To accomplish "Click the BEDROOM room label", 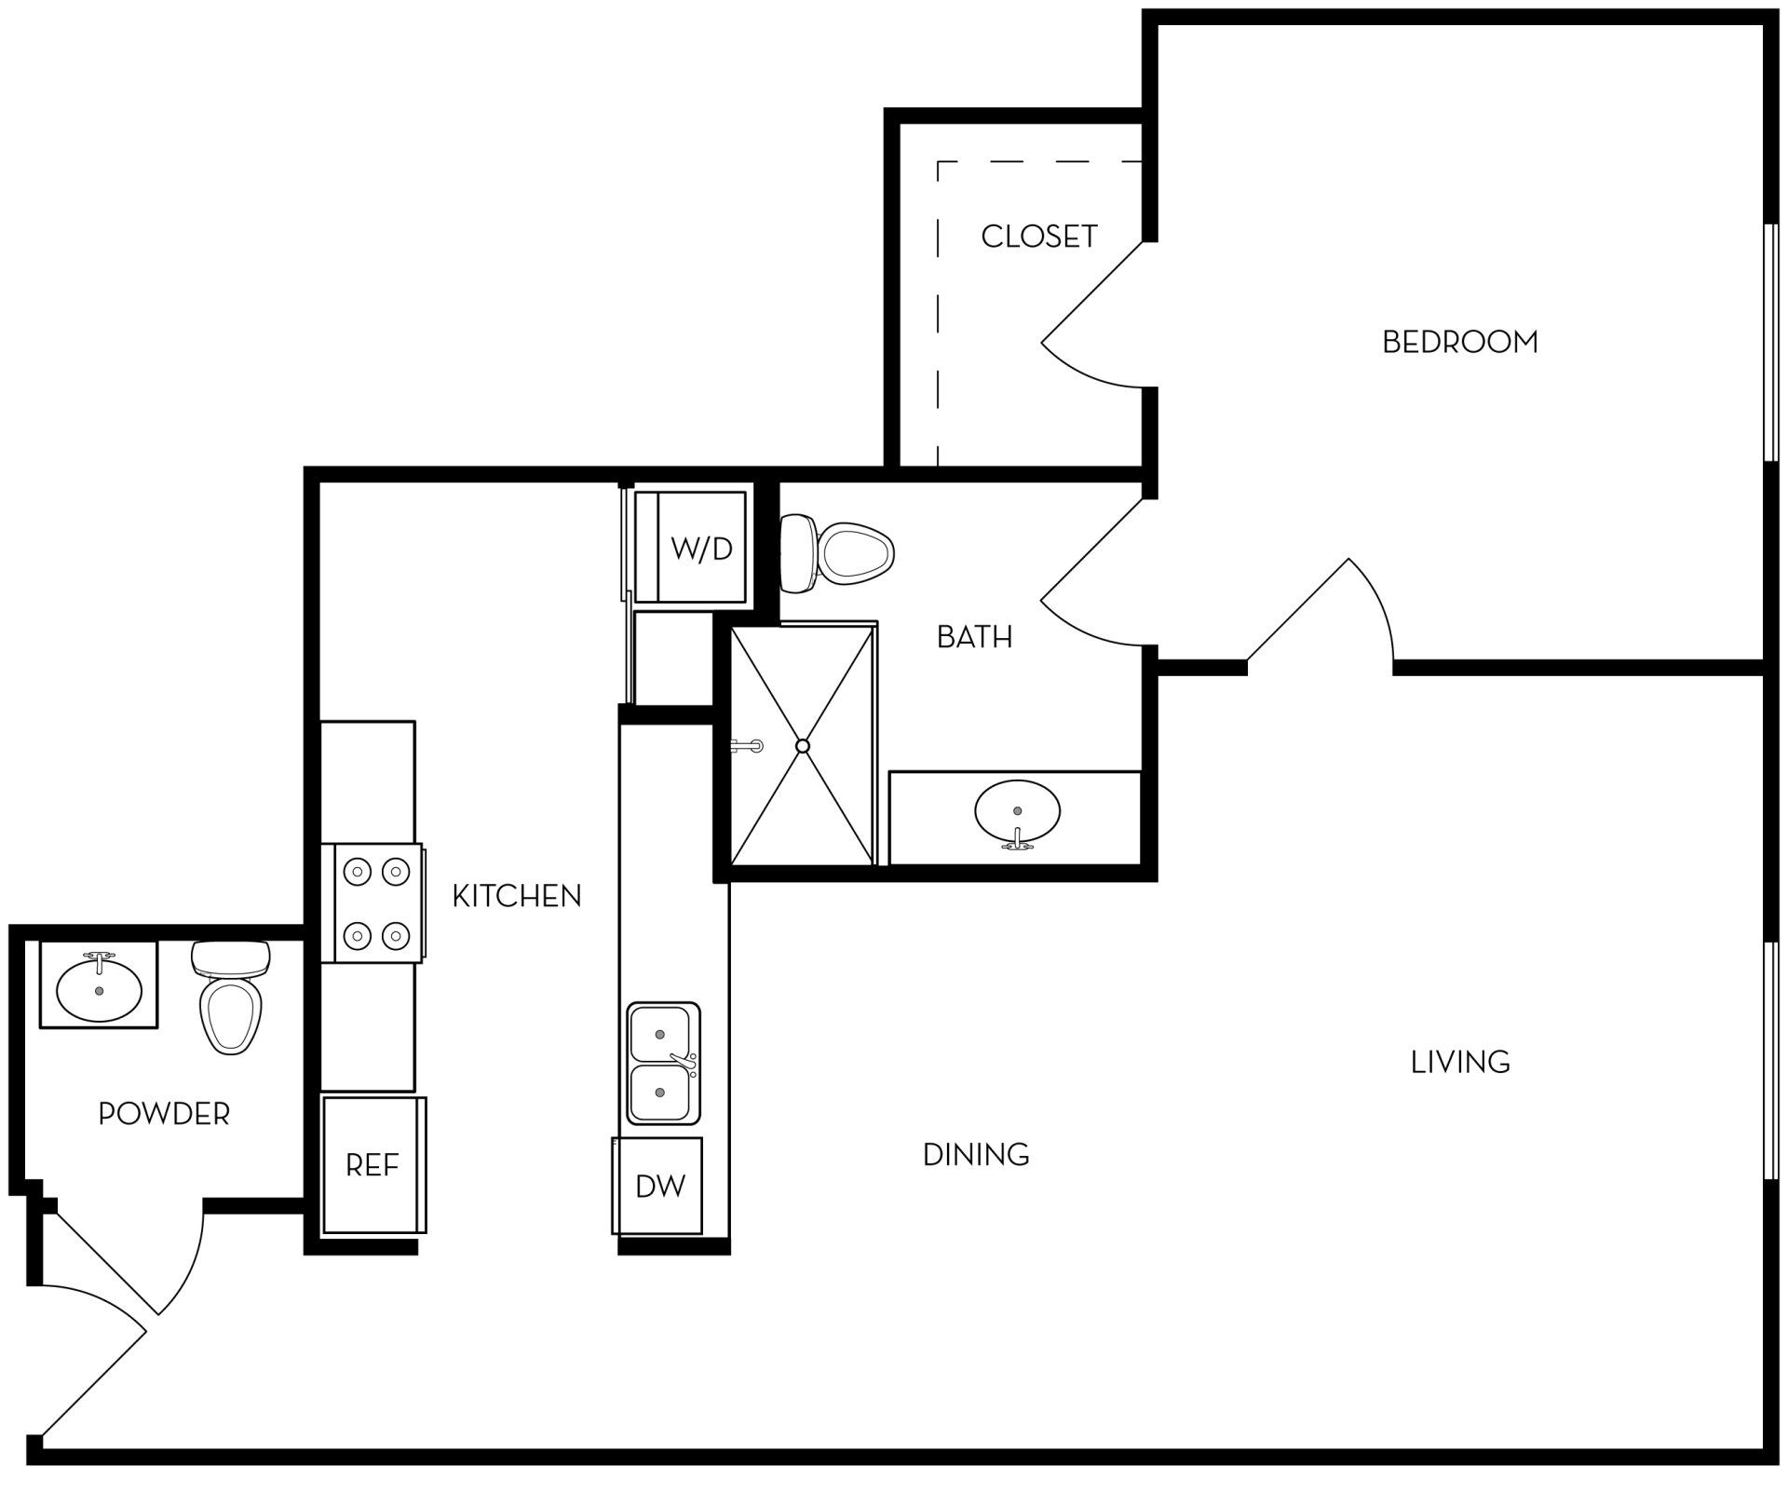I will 1459,343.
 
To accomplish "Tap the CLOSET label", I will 1038,237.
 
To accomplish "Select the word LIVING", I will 1459,1062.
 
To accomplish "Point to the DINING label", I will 975,1155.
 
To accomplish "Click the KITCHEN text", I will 516,896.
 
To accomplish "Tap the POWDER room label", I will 164,1113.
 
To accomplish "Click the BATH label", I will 974,637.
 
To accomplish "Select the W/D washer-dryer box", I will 700,549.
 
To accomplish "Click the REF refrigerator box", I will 372,1165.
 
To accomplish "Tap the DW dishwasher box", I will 659,1186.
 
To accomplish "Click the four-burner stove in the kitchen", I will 376,903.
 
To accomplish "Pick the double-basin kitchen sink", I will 662,1064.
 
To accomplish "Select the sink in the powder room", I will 99,989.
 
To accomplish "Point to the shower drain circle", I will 803,746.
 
